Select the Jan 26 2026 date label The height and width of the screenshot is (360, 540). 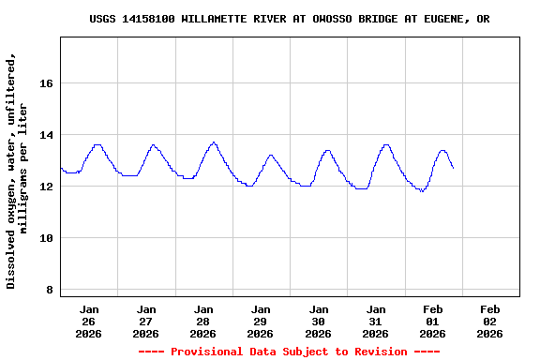pyautogui.click(x=89, y=321)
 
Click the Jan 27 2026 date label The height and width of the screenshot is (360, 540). pyautogui.click(x=146, y=321)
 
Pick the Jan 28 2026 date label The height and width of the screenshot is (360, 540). pyautogui.click(x=203, y=321)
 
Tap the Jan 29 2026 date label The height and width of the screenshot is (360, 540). pyautogui.click(x=261, y=321)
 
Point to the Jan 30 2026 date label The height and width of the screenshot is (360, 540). pyautogui.click(x=319, y=321)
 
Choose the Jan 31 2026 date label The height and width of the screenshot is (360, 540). pyautogui.click(x=376, y=321)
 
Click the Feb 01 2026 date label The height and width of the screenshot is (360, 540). pyautogui.click(x=433, y=321)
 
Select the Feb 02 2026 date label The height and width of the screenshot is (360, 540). pyautogui.click(x=490, y=321)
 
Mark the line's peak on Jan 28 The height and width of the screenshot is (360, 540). pyautogui.click(x=214, y=142)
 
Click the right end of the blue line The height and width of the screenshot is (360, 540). pyautogui.click(x=453, y=168)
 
